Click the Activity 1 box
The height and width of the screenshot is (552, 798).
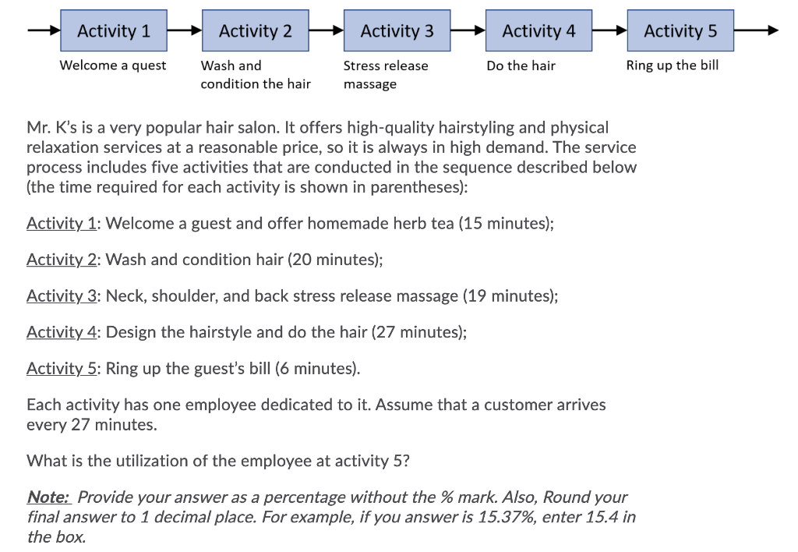(x=114, y=31)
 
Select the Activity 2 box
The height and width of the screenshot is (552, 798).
(x=256, y=31)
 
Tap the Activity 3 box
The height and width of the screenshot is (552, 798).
(x=397, y=31)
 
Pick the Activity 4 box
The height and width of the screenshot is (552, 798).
(x=538, y=31)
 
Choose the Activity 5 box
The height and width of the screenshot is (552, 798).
(x=680, y=31)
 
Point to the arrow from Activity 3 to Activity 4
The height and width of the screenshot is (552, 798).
(x=468, y=31)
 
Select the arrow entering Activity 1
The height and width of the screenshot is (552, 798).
(x=44, y=31)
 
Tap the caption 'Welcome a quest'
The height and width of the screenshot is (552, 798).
(x=113, y=65)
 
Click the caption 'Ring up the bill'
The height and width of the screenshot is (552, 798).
(x=673, y=65)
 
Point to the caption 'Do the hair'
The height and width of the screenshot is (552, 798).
(x=521, y=65)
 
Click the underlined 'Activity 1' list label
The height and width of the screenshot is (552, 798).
(x=61, y=224)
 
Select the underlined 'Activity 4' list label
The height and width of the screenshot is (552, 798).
(x=61, y=332)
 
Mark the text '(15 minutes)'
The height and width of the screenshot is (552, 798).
(x=506, y=224)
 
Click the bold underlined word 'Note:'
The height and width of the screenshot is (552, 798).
(x=49, y=497)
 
